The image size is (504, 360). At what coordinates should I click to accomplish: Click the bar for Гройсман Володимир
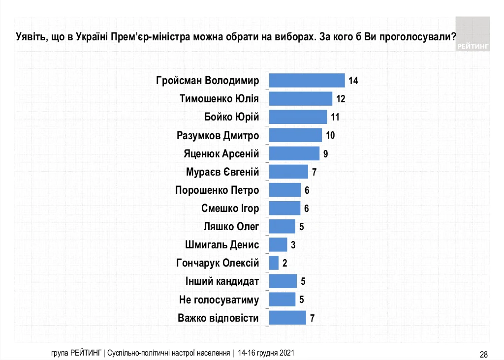pyautogui.click(x=307, y=80)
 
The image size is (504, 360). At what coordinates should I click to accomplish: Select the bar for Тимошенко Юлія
pyautogui.click(x=300, y=98)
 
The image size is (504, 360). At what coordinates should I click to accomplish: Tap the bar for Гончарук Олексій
pyautogui.click(x=274, y=263)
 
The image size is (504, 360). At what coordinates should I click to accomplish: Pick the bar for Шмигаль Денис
pyautogui.click(x=278, y=244)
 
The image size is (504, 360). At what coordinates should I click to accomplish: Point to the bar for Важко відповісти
pyautogui.click(x=287, y=318)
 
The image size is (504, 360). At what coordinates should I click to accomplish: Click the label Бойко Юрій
pyautogui.click(x=231, y=117)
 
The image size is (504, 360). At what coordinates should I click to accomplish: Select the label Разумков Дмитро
pyautogui.click(x=218, y=135)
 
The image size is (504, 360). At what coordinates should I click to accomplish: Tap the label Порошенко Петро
pyautogui.click(x=217, y=190)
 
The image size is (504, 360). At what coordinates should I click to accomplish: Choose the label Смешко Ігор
pyautogui.click(x=230, y=208)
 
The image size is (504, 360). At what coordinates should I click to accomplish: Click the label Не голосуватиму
pyautogui.click(x=219, y=300)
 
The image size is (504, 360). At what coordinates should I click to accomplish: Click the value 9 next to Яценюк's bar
pyautogui.click(x=325, y=154)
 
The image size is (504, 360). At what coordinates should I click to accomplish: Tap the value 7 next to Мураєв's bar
pyautogui.click(x=314, y=172)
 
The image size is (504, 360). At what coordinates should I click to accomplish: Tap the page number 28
pyautogui.click(x=483, y=354)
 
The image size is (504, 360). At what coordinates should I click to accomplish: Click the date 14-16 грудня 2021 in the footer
pyautogui.click(x=266, y=353)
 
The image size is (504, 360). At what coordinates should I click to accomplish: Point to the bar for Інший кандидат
pyautogui.click(x=283, y=281)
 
